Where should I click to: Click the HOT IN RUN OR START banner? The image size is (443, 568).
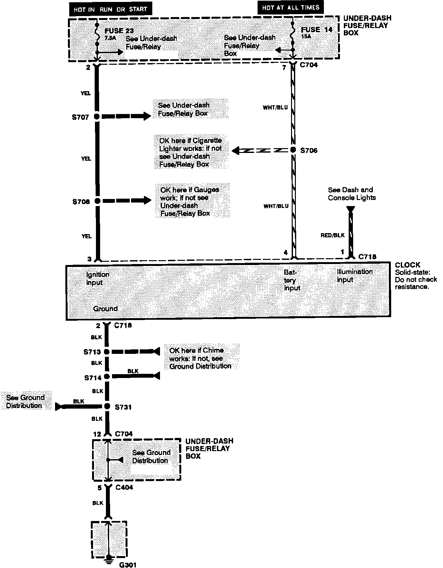pos(110,9)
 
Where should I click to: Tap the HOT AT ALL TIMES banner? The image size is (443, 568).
pos(290,8)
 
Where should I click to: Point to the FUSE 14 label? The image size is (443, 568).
pos(316,30)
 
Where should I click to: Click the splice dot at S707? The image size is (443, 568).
pos(97,117)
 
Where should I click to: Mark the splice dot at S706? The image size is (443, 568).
pos(293,150)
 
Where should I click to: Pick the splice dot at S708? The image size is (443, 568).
pos(97,201)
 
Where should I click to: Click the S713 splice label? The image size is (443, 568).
pos(92,352)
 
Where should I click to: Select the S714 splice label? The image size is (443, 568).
pos(93,378)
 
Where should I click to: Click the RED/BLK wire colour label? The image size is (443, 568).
pos(332,235)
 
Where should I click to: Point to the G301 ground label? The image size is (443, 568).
pos(128,564)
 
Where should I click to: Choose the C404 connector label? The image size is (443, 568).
pos(124,488)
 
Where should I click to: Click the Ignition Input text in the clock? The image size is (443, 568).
pos(98,279)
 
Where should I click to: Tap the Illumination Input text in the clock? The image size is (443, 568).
pos(354,276)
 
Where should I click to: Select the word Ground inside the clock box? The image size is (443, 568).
pos(105,308)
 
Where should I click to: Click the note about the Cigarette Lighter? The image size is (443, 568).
pos(191,152)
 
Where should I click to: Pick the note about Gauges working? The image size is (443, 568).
pos(190,202)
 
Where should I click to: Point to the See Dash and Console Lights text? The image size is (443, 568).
pos(352,194)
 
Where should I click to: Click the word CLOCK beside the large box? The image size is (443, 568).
pos(407,265)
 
